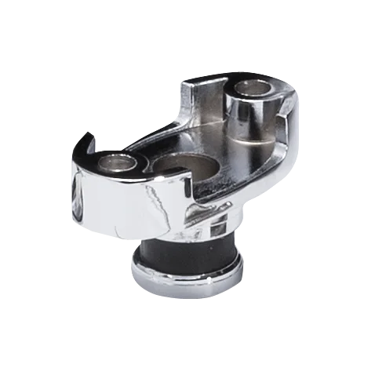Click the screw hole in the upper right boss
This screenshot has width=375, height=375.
254,88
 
